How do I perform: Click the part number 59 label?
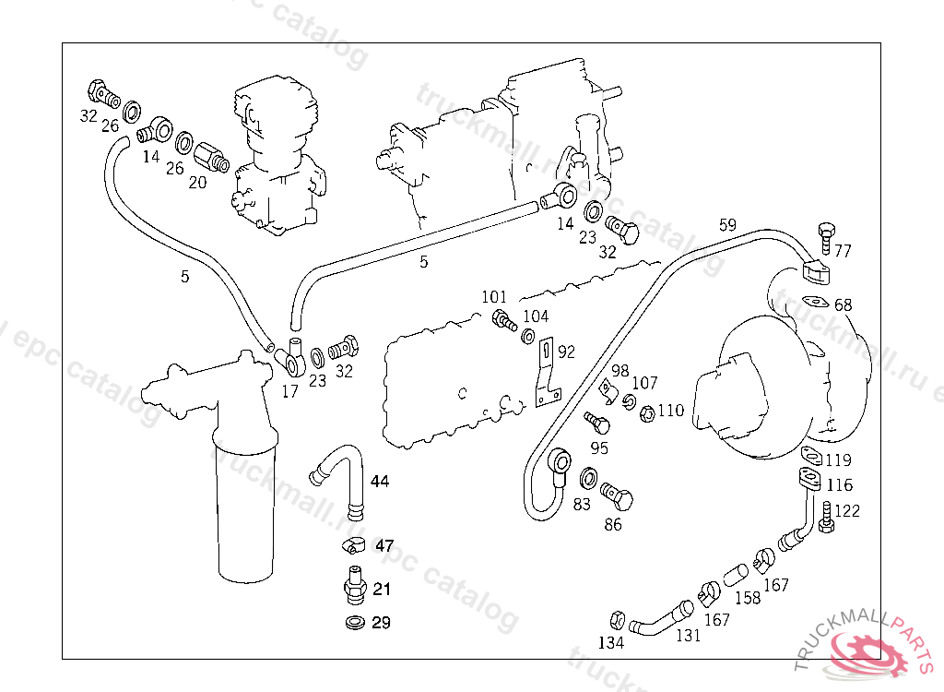tap(727, 224)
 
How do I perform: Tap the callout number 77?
tap(843, 249)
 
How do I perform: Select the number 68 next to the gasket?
tap(843, 304)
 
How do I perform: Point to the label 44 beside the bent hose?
tap(380, 481)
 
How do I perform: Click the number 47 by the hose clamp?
tap(383, 544)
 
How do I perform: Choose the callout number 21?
tap(382, 590)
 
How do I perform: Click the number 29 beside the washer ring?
tap(382, 623)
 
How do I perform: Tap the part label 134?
tap(610, 642)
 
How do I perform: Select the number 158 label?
tap(747, 598)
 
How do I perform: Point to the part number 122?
tap(846, 511)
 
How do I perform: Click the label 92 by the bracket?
tap(566, 352)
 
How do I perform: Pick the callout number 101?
tap(494, 297)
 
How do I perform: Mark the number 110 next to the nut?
tap(671, 410)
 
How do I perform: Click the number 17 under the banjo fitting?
tap(289, 391)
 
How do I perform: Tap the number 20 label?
tap(197, 182)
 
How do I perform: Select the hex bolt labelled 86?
tap(618, 497)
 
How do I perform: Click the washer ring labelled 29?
tap(352, 624)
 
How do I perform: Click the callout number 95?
tap(599, 448)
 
